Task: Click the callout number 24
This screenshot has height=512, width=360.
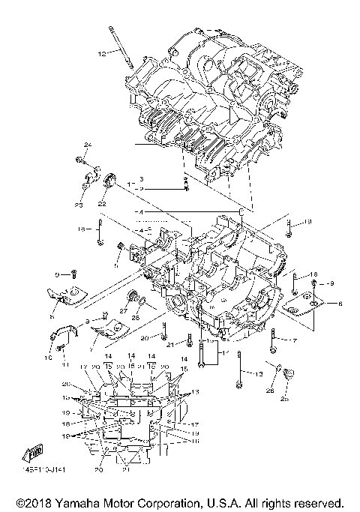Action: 87,144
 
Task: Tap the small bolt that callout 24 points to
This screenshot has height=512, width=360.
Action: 79,160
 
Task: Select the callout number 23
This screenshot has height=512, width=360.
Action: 78,205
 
